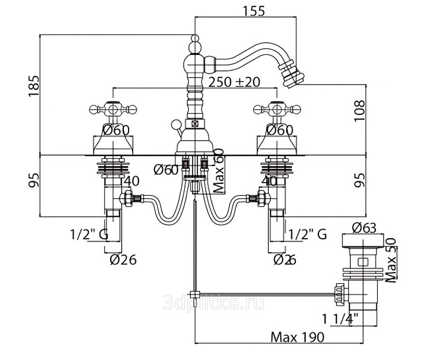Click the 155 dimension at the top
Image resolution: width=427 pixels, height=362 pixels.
[x=254, y=10]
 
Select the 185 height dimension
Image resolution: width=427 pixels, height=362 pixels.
[x=33, y=86]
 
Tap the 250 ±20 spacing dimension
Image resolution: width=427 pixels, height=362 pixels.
[x=234, y=82]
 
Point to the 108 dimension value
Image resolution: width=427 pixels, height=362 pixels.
[x=359, y=111]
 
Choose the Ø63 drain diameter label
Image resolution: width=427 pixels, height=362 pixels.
[x=365, y=228]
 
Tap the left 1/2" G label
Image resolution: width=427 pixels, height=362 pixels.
[x=88, y=233]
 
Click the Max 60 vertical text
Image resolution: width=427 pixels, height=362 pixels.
[x=217, y=170]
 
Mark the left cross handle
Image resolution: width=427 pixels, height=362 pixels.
[x=112, y=110]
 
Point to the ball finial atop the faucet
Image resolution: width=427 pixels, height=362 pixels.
[x=195, y=40]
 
